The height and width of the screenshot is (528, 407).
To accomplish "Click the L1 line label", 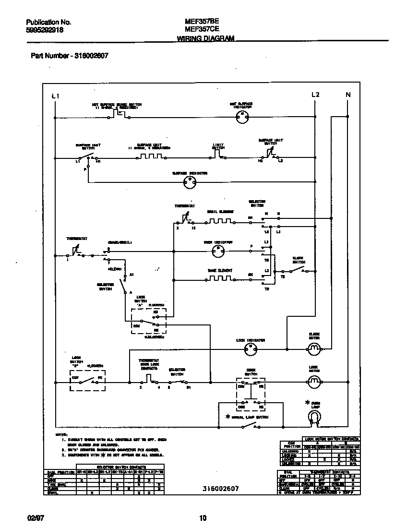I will (55, 96).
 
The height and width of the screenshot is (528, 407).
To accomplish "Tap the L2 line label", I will (315, 95).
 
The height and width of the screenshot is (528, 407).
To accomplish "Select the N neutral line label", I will (348, 95).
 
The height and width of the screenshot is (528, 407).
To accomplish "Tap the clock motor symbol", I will (314, 348).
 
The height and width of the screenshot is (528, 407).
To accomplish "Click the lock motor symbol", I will (314, 382).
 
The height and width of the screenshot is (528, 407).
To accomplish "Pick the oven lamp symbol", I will (314, 420).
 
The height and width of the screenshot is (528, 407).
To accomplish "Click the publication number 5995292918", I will (45, 30).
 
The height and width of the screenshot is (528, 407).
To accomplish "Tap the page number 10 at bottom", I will (203, 517).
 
